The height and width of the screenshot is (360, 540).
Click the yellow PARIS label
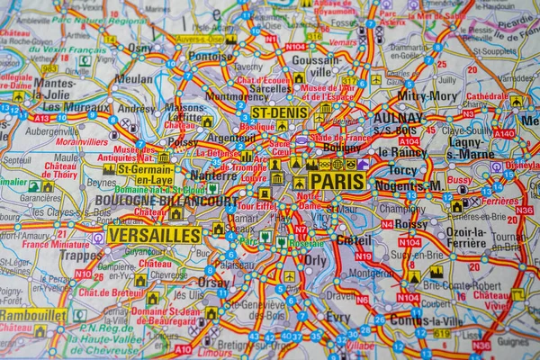point(337,181)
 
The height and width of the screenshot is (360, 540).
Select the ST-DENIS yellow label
point(279,112)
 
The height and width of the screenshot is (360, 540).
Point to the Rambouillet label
point(33,316)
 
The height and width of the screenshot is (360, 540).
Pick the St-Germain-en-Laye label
point(145,174)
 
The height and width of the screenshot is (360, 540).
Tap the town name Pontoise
point(211,55)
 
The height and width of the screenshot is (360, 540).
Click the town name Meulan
point(134,79)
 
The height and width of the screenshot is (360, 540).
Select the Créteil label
point(353,240)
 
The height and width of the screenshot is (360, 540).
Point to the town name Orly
point(315,260)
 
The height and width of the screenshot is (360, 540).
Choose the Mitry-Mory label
point(427,94)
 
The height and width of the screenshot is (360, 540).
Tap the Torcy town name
point(403,168)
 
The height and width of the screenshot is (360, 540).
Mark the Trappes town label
point(81,255)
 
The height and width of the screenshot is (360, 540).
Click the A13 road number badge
point(41,118)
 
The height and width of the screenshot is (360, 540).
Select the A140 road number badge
point(504,133)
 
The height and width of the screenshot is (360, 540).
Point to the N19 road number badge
point(363,256)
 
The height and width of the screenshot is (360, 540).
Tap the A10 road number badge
point(183,348)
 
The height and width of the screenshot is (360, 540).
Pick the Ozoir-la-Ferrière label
point(465,238)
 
